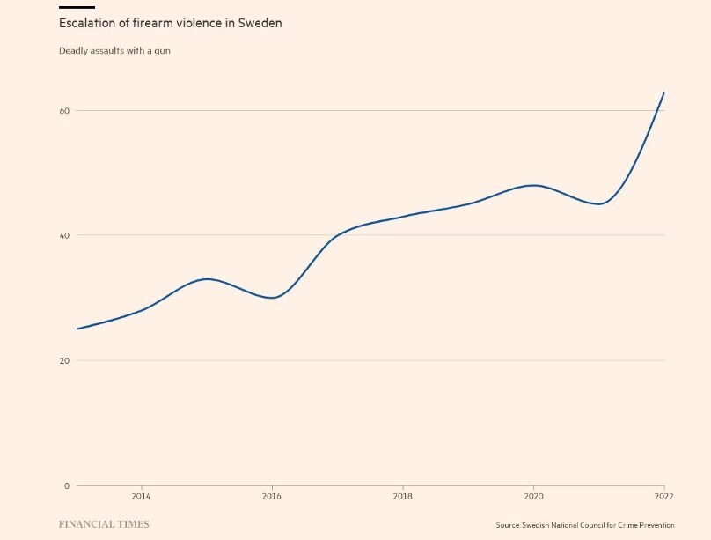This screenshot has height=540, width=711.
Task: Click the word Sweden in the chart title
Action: (260, 23)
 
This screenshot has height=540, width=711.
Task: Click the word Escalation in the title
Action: (87, 23)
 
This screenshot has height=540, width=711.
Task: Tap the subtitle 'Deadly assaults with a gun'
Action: (114, 51)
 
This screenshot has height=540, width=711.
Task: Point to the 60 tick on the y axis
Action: (64, 111)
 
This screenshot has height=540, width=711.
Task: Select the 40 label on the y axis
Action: (64, 235)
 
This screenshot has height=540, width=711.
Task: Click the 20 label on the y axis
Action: (64, 360)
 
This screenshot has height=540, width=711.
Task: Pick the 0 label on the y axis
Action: (67, 485)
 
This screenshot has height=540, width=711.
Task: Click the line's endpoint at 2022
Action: (664, 92)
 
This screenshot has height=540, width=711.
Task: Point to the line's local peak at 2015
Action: (207, 279)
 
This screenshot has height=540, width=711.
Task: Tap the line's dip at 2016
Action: (273, 298)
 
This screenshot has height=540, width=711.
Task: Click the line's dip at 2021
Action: (599, 204)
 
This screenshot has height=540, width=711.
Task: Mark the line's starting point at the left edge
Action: (77, 329)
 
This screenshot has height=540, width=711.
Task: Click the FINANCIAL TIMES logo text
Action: (103, 525)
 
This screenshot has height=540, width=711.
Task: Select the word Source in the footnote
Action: (508, 525)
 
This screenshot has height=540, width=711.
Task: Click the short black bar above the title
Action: (77, 7)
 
